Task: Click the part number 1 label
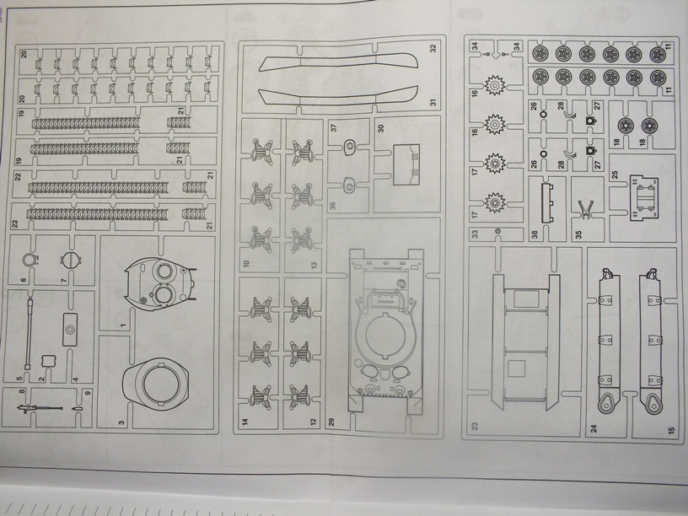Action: (122, 325)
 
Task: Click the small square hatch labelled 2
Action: (48, 360)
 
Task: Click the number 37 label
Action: (334, 128)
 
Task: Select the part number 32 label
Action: (432, 48)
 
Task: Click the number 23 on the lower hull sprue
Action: (475, 427)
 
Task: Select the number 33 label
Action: (475, 234)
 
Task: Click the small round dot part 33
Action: (497, 230)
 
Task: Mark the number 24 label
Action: (594, 429)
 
